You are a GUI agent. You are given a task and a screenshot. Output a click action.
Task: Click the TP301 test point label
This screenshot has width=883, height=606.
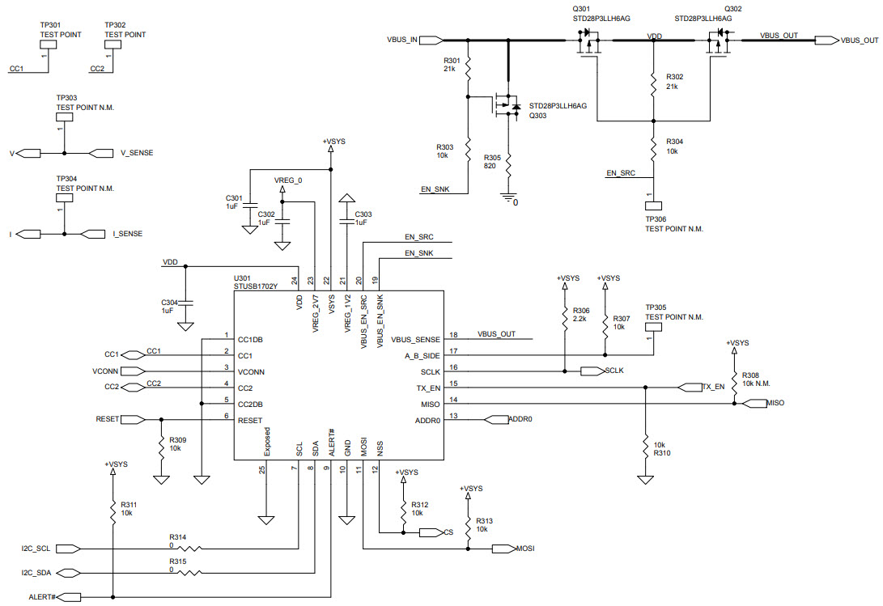(49, 25)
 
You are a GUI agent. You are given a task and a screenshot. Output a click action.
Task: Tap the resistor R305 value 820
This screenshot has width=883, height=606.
(491, 166)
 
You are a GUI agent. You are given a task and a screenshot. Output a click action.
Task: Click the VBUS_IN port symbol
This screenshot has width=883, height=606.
(431, 40)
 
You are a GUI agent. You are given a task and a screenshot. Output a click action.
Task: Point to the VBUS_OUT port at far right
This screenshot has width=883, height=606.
(826, 40)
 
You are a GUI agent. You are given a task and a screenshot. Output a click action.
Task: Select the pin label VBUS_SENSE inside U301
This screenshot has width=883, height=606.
(415, 339)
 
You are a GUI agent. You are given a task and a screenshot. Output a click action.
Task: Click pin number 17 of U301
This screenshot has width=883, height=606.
(454, 350)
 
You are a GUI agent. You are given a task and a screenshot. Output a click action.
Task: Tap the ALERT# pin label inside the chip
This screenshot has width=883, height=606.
(332, 442)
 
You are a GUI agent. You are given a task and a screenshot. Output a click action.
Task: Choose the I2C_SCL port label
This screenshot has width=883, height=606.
(36, 549)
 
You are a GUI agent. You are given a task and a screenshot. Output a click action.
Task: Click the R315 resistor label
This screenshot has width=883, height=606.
(177, 561)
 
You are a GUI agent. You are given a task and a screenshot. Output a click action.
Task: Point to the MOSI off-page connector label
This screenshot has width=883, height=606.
(526, 549)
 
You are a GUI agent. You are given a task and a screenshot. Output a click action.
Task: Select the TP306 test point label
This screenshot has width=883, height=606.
(655, 218)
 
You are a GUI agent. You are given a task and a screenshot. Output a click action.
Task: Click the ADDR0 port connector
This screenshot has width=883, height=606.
(496, 420)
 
